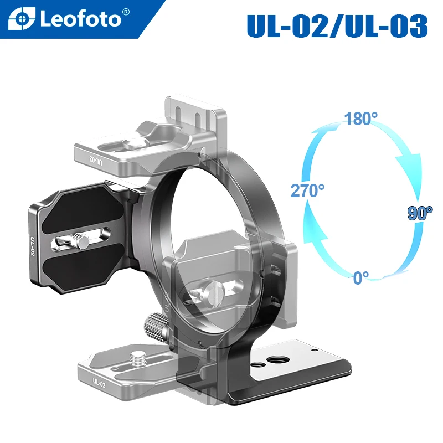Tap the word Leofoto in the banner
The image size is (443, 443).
80,19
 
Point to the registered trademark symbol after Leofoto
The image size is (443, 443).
126,12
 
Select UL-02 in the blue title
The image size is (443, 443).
284,25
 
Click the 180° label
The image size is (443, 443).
360,119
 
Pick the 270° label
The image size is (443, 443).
307,191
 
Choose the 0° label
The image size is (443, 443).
361,277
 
